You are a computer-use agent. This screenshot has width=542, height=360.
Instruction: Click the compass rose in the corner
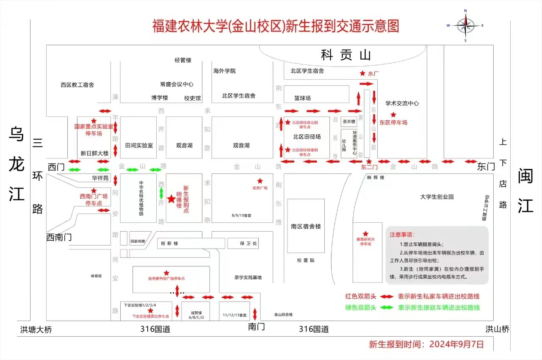(x=465, y=25)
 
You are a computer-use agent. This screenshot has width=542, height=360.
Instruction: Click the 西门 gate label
(x=56, y=166)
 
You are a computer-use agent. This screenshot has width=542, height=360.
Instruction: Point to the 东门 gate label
(x=486, y=166)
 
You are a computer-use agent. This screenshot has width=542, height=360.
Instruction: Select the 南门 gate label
(x=256, y=327)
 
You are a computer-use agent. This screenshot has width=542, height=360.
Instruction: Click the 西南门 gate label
(x=59, y=237)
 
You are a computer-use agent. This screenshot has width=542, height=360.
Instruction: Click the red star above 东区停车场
(x=393, y=115)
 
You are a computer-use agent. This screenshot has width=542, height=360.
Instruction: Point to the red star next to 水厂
(x=362, y=73)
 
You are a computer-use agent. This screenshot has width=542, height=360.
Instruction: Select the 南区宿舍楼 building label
(x=306, y=226)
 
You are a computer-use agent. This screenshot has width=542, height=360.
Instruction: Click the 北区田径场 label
(x=307, y=137)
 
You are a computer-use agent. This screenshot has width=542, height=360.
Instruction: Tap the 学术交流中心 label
(x=402, y=103)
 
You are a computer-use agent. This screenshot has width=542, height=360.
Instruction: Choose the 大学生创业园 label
(x=437, y=197)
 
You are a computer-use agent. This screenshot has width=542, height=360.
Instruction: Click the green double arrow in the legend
(x=387, y=308)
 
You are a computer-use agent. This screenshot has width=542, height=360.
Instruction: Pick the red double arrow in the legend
(x=387, y=296)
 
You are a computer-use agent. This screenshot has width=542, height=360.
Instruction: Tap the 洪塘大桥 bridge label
(x=36, y=330)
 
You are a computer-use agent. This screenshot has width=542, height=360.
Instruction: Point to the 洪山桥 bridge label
(x=497, y=329)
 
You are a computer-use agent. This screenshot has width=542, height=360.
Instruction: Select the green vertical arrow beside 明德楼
(x=161, y=194)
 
